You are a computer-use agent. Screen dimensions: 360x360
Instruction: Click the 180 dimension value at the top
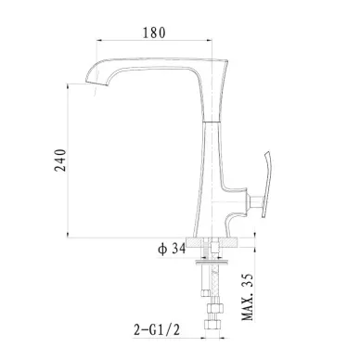[154, 32]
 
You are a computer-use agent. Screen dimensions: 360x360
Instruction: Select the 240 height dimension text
[60, 161]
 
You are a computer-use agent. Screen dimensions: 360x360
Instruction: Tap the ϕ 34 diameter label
[172, 249]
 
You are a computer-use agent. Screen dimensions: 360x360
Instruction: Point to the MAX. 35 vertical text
[248, 297]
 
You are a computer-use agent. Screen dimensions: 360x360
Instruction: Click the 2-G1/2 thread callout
[157, 329]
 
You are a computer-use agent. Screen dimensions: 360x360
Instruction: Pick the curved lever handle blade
[267, 184]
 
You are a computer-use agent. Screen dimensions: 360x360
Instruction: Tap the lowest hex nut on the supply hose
[212, 325]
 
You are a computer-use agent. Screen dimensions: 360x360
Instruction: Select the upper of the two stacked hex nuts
[214, 308]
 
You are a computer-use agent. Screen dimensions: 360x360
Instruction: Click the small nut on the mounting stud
[205, 292]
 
